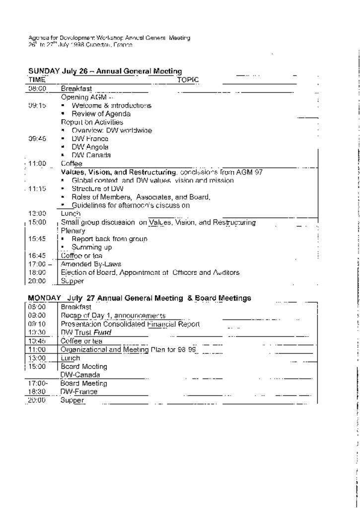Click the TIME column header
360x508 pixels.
37,80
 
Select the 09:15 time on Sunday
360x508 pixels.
37,106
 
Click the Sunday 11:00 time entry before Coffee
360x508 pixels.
38,163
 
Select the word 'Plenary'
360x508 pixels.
73,231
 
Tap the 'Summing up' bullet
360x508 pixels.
92,247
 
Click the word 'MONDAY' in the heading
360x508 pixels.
44,298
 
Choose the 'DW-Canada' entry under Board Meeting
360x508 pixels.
80,375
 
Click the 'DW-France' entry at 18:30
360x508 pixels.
79,391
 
